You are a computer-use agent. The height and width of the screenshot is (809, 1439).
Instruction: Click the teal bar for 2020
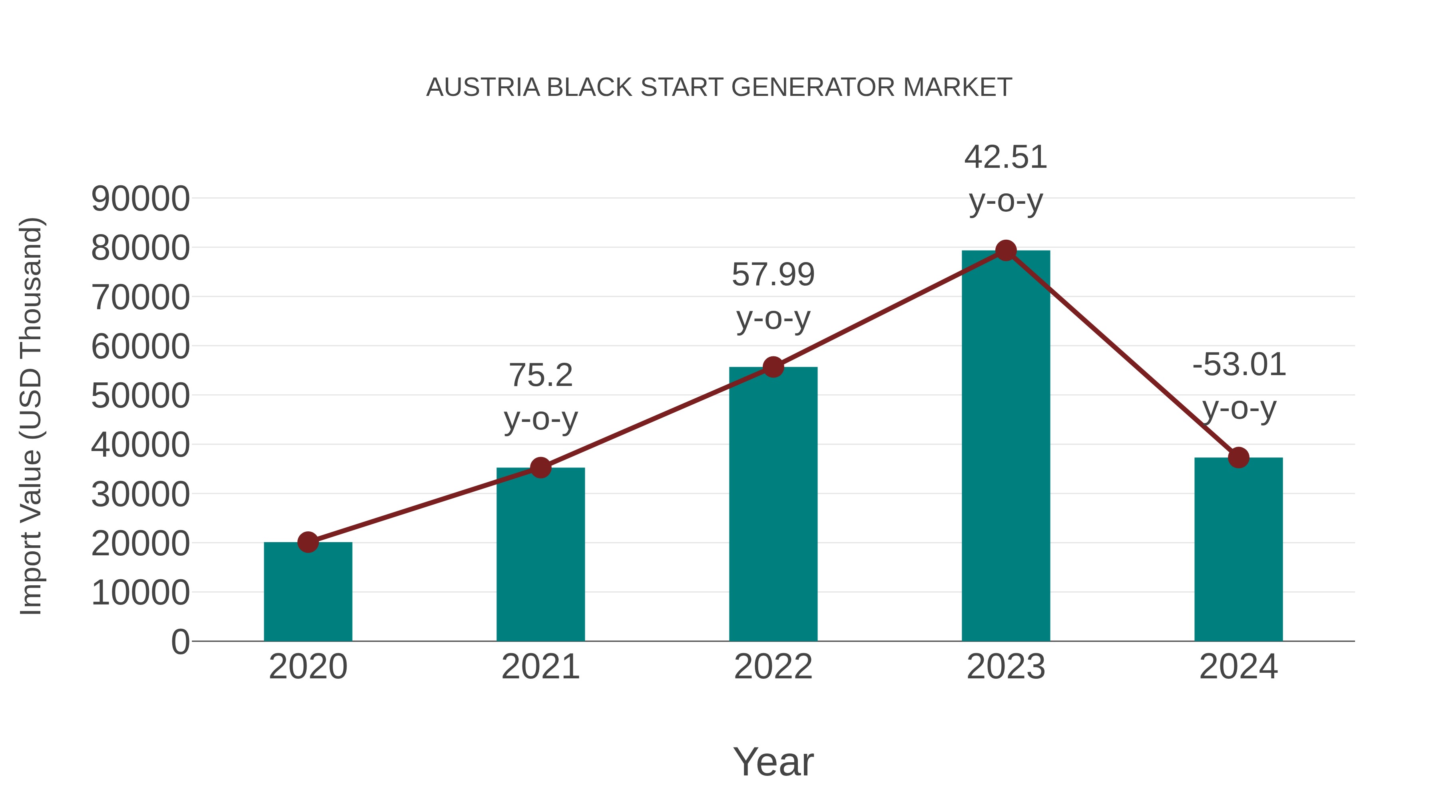click(x=308, y=592)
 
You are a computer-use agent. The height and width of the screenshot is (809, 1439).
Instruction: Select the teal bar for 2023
click(x=1006, y=447)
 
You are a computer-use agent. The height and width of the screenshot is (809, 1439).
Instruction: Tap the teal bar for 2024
click(x=1238, y=550)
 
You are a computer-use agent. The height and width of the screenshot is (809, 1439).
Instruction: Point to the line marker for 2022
click(x=773, y=368)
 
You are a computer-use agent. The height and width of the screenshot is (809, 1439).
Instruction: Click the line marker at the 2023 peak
click(x=1006, y=250)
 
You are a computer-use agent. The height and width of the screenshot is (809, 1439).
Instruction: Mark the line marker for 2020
click(x=308, y=542)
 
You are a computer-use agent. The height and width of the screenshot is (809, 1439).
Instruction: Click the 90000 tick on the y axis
click(x=141, y=199)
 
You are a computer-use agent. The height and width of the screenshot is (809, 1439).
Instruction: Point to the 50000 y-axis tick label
click(x=141, y=396)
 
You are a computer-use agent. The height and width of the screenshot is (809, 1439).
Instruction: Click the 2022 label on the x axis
click(x=773, y=667)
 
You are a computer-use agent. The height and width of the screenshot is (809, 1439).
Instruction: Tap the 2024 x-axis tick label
click(x=1238, y=667)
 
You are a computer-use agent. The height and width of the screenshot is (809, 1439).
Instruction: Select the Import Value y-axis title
click(x=31, y=416)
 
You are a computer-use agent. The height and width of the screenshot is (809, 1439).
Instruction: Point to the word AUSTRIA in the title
click(x=483, y=87)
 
